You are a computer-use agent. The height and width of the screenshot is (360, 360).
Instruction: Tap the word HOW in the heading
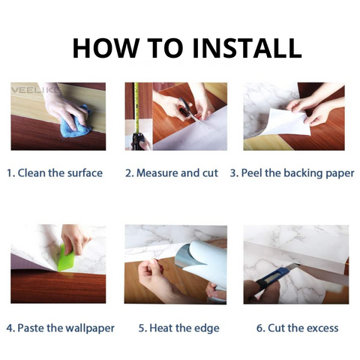(x=105, y=48)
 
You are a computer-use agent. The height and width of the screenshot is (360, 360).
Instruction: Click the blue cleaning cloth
(x=75, y=122)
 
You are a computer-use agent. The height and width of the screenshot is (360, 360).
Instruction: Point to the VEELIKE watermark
(x=34, y=90)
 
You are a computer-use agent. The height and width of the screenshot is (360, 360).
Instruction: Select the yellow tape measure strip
(x=136, y=107)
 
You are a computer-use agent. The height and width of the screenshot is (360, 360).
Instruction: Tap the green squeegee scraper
(x=66, y=258)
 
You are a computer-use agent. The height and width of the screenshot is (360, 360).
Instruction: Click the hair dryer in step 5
(x=202, y=268)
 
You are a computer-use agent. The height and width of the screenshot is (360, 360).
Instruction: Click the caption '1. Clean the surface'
(x=55, y=173)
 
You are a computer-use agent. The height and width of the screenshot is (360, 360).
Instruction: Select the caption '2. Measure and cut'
(x=172, y=173)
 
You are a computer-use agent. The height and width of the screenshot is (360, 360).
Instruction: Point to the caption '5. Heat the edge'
(x=179, y=328)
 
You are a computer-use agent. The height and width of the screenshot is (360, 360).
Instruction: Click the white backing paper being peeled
(x=287, y=122)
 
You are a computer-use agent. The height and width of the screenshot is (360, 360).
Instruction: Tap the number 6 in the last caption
(x=259, y=328)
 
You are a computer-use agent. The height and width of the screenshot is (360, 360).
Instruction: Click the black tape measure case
(x=138, y=141)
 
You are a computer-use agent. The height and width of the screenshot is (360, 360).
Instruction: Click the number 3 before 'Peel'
(x=233, y=173)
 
